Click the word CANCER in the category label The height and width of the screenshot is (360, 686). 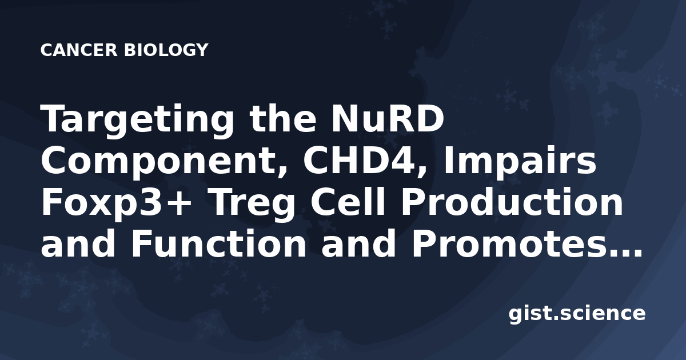79,50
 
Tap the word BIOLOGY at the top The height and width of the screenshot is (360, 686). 166,50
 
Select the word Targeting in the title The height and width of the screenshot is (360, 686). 138,121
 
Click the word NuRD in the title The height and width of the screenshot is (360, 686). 387,118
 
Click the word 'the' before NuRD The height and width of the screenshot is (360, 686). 282,118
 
